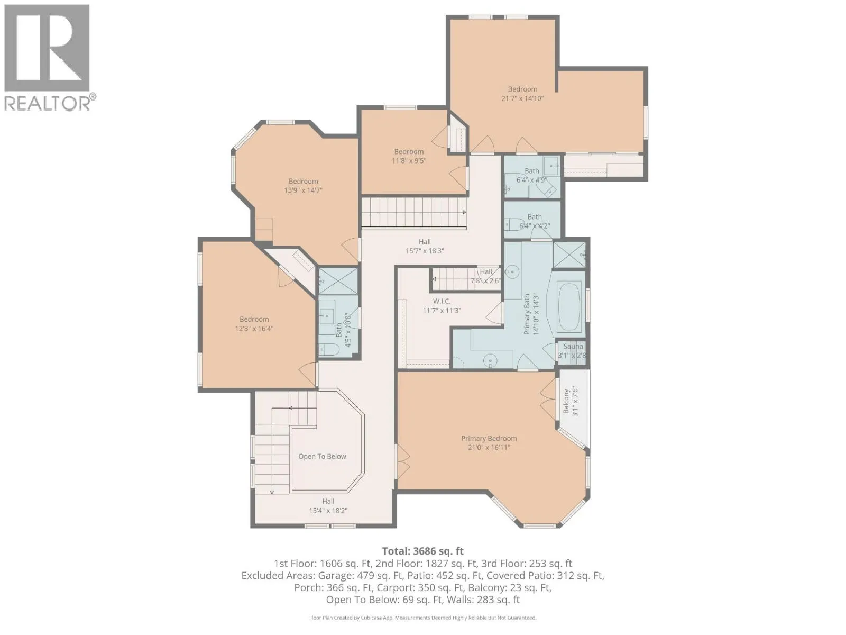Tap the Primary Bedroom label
489,438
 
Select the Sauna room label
573,346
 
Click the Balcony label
566,401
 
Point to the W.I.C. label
442,301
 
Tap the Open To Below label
322,457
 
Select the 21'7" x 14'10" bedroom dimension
522,98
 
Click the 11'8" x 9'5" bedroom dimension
409,161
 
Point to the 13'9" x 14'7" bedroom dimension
304,190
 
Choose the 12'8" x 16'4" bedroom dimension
254,329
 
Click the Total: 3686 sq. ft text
423,551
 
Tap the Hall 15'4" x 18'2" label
328,506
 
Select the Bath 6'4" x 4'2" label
535,221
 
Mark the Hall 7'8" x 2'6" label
485,276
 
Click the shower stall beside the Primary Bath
569,255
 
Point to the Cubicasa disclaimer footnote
423,618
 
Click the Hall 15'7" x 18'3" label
425,246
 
